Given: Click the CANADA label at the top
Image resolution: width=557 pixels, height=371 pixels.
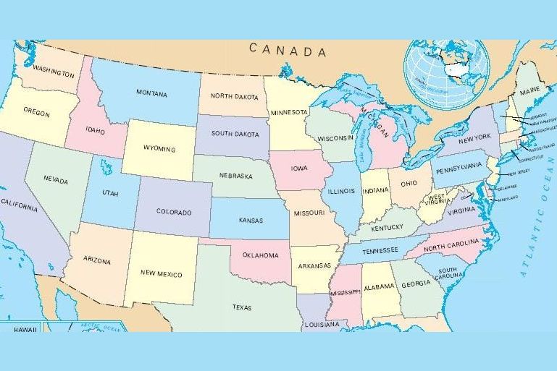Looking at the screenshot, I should click(x=288, y=51).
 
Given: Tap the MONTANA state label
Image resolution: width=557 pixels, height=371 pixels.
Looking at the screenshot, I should click(x=151, y=94).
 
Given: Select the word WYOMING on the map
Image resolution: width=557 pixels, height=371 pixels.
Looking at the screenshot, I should click(x=159, y=149).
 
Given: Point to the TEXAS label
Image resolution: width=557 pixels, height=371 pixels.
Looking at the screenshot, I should click(x=242, y=307).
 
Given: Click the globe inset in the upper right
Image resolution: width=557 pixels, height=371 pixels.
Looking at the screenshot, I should click(x=443, y=73).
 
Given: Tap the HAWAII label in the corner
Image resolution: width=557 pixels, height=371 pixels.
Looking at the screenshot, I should click(x=25, y=329).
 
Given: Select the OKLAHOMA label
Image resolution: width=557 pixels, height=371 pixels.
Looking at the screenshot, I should click(x=260, y=255).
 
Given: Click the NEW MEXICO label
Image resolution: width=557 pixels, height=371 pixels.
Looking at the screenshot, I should click(x=161, y=275).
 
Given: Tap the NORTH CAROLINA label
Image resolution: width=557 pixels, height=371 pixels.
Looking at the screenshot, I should click(x=451, y=246).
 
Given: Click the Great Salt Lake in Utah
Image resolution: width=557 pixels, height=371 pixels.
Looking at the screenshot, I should click(x=107, y=169).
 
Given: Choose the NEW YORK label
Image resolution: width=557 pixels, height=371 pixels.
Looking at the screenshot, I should click(x=475, y=137).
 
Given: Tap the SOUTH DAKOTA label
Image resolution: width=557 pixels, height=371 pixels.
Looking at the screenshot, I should click(x=235, y=134).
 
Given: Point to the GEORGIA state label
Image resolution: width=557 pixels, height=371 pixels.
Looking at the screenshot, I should click(x=416, y=283).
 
